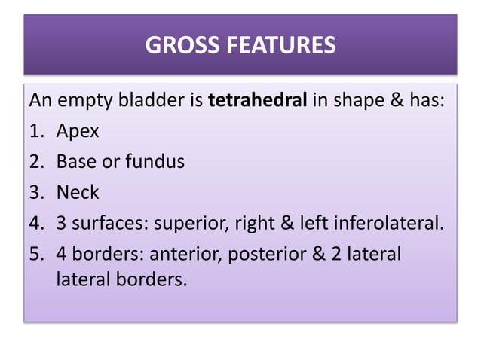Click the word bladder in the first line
(152, 101)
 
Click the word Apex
(78, 132)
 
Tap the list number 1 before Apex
(35, 131)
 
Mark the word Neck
(78, 191)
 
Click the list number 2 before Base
(35, 161)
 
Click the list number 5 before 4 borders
(35, 252)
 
